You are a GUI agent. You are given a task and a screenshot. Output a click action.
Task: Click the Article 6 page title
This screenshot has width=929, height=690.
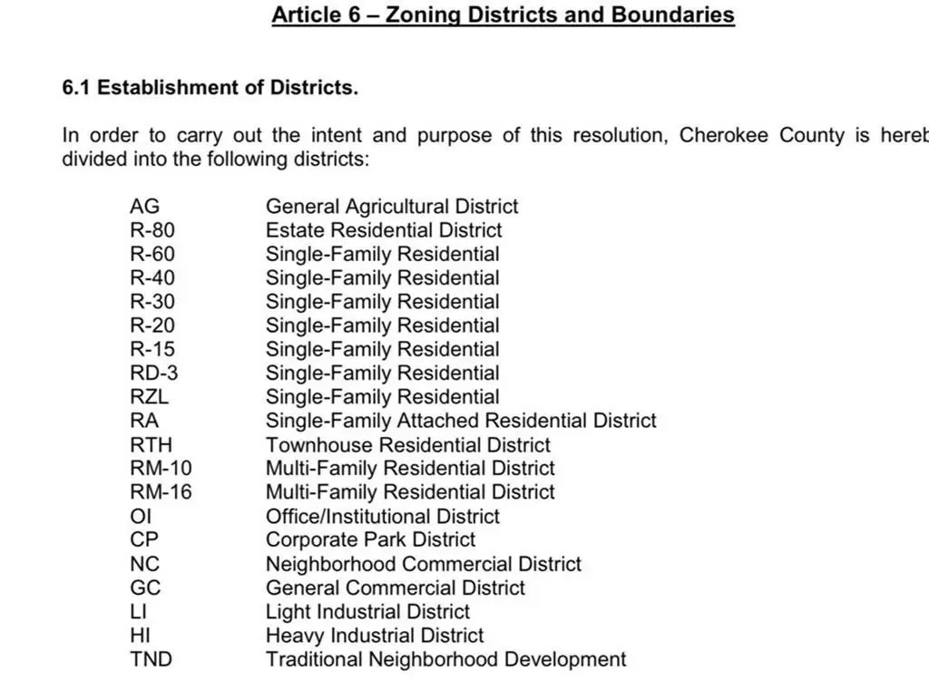503,15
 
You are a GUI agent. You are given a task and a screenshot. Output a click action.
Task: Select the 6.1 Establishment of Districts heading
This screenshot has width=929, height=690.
210,88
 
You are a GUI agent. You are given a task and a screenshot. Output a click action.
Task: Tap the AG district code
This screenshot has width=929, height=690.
144,207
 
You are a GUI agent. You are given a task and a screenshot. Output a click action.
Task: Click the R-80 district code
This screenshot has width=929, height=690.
152,230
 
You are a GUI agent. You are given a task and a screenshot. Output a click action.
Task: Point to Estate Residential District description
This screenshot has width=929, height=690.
383,230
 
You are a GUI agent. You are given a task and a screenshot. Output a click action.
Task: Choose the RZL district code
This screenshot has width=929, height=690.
149,396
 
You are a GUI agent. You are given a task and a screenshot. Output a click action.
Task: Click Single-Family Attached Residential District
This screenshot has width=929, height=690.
460,421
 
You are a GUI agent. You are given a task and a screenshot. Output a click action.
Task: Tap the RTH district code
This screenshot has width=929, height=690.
151,444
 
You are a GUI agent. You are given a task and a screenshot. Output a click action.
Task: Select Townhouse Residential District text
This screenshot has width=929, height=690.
407,444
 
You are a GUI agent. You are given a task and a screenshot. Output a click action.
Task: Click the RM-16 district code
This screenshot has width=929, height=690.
161,492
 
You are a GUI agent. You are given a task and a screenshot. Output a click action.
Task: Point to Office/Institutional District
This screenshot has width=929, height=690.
382,516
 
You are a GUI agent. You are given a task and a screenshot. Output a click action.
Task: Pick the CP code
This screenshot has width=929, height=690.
144,539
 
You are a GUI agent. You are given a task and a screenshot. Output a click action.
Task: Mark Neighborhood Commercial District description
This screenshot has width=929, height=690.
423,564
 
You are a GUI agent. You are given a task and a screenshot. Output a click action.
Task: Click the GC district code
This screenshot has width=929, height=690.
145,588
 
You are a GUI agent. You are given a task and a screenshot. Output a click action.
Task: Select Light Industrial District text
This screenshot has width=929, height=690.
367,611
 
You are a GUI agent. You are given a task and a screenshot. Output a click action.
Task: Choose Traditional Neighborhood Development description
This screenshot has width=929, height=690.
445,659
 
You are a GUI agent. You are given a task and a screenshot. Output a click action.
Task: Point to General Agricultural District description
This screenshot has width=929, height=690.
392,207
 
